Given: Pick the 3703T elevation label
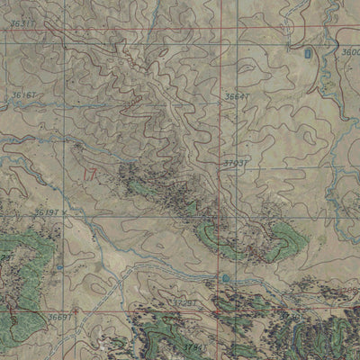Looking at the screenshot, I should [x=235, y=164].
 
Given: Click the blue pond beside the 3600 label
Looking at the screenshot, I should [x=310, y=55].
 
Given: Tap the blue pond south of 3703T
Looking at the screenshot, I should [x=225, y=280].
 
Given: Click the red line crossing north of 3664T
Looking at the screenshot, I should [x=223, y=40].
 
